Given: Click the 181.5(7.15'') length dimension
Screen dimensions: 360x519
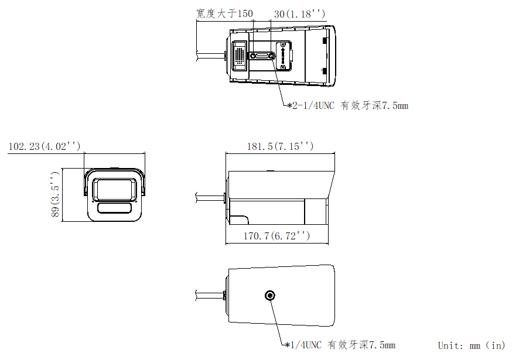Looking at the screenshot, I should pyautogui.click(x=279, y=146).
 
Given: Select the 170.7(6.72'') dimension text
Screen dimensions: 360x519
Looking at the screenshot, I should pyautogui.click(x=276, y=236).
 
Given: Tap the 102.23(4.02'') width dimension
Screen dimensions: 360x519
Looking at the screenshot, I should pyautogui.click(x=45, y=146).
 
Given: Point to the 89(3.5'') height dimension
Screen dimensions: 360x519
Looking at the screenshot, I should pyautogui.click(x=55, y=195).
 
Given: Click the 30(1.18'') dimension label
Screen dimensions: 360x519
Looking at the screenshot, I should pyautogui.click(x=299, y=13).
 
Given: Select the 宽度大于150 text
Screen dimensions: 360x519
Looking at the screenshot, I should pyautogui.click(x=225, y=13).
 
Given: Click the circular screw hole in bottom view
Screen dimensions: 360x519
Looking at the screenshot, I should pyautogui.click(x=270, y=295).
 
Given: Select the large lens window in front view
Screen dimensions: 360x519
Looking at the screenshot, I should pyautogui.click(x=115, y=188).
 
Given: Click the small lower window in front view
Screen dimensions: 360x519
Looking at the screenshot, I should pyautogui.click(x=115, y=208).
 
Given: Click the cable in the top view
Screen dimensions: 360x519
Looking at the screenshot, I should pyautogui.click(x=209, y=56).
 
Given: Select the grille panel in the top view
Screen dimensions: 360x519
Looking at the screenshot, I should pyautogui.click(x=239, y=55).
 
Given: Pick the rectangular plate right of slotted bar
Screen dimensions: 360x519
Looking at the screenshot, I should pyautogui.click(x=284, y=56).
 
